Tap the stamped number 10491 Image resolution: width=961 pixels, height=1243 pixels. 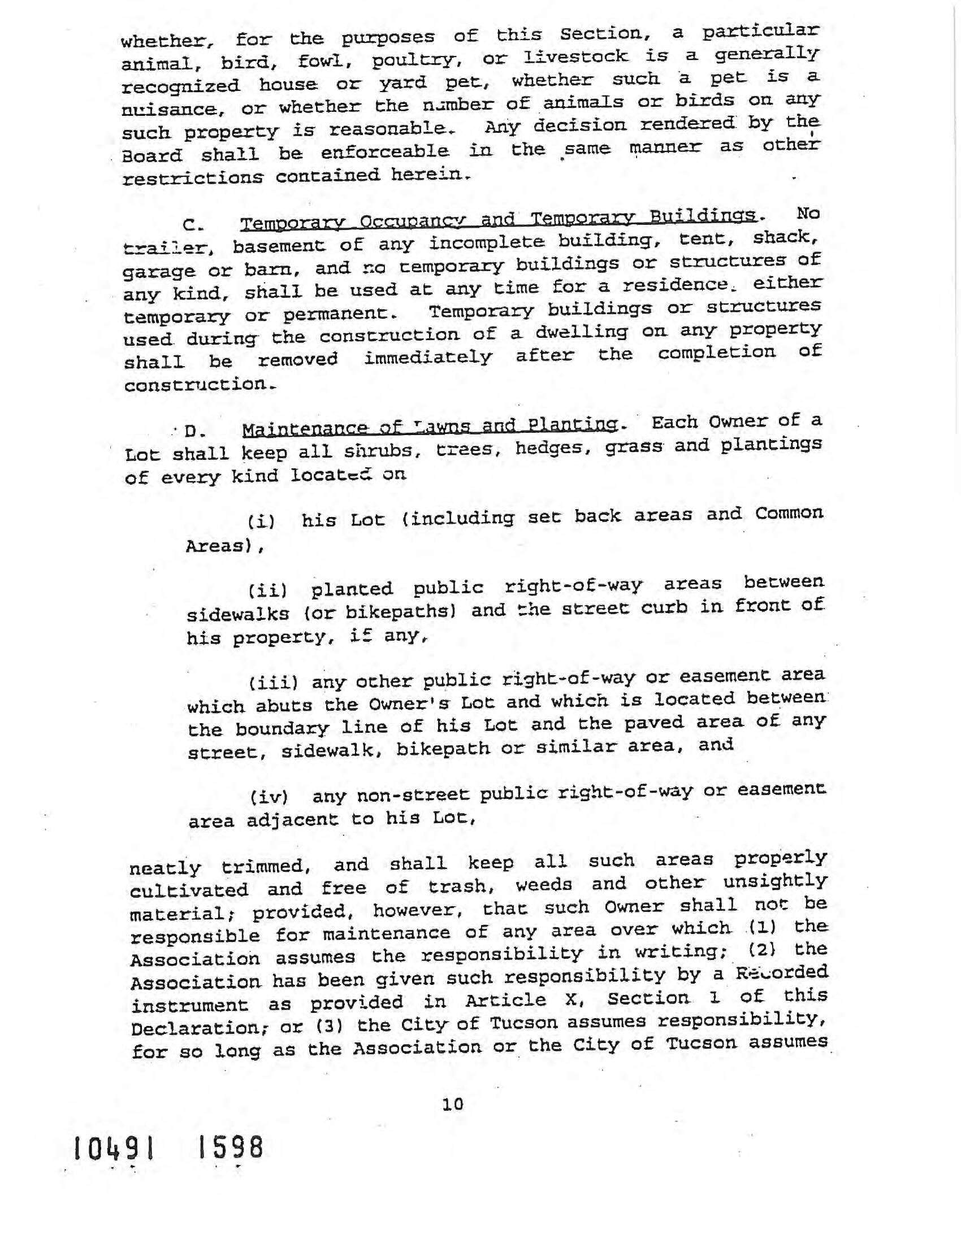(x=114, y=1148)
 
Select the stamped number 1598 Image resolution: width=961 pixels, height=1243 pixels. (x=230, y=1147)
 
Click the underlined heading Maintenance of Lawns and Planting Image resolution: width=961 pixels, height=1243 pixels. (x=430, y=425)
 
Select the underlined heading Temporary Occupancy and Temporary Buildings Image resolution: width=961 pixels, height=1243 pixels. (x=499, y=219)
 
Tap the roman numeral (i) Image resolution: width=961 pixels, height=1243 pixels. (x=261, y=521)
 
